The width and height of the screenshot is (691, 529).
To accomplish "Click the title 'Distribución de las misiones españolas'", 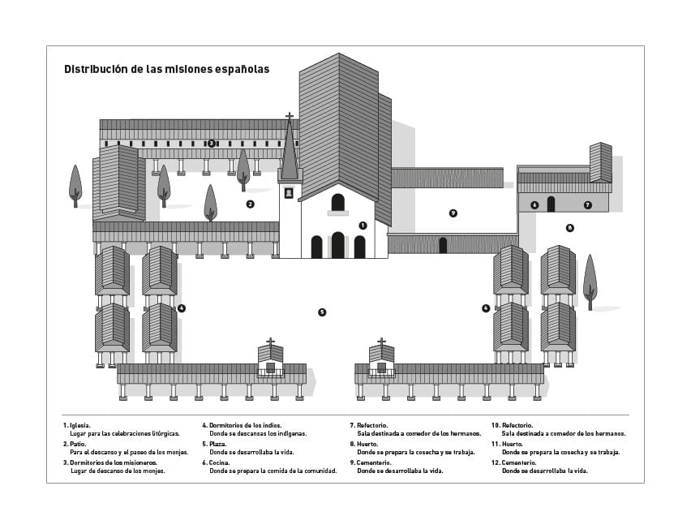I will pos(166,70).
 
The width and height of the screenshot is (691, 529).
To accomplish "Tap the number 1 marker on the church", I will pos(363,226).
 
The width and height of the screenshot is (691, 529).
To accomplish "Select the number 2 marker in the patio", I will pos(250,204).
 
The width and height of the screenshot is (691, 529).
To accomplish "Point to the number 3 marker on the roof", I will pos(211,144).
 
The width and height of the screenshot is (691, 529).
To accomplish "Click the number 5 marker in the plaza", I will pos(322,312).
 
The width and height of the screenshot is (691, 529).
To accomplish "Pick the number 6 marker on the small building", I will pos(534,205).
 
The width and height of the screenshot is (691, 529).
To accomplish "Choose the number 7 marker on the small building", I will pos(588,205).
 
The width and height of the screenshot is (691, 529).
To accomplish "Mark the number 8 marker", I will pos(570,228).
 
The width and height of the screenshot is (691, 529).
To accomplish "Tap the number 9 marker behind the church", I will pos(453,213).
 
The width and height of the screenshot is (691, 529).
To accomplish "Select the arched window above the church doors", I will pos(338,202).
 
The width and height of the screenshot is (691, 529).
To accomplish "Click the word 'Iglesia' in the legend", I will pos(79,425).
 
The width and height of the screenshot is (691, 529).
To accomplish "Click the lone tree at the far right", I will pos(590,280).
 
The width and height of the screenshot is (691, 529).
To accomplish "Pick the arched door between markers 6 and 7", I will pos(551,204).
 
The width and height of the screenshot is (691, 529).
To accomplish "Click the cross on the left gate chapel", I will pos(270,342).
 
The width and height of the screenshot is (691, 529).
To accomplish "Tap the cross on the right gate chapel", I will pos(381,342).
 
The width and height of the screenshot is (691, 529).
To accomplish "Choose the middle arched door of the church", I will pos(338,245).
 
